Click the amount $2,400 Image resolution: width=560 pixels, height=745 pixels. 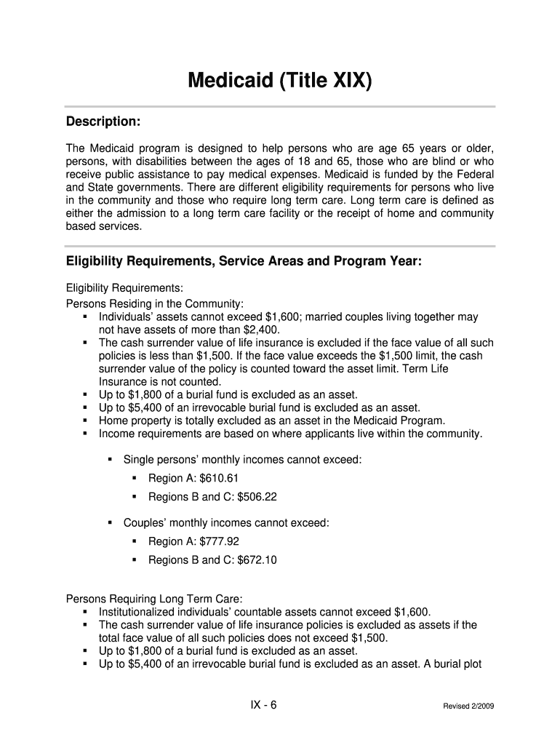pos(260,330)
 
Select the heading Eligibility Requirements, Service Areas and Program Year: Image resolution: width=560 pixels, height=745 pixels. pos(244,260)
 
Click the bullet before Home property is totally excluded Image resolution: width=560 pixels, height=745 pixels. pos(85,421)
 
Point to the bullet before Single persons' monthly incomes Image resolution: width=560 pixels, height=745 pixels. pos(110,460)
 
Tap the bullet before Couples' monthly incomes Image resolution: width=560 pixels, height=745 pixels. pos(110,522)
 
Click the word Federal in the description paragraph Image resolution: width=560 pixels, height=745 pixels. pos(474,175)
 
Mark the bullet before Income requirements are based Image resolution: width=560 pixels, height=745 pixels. pos(85,434)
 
